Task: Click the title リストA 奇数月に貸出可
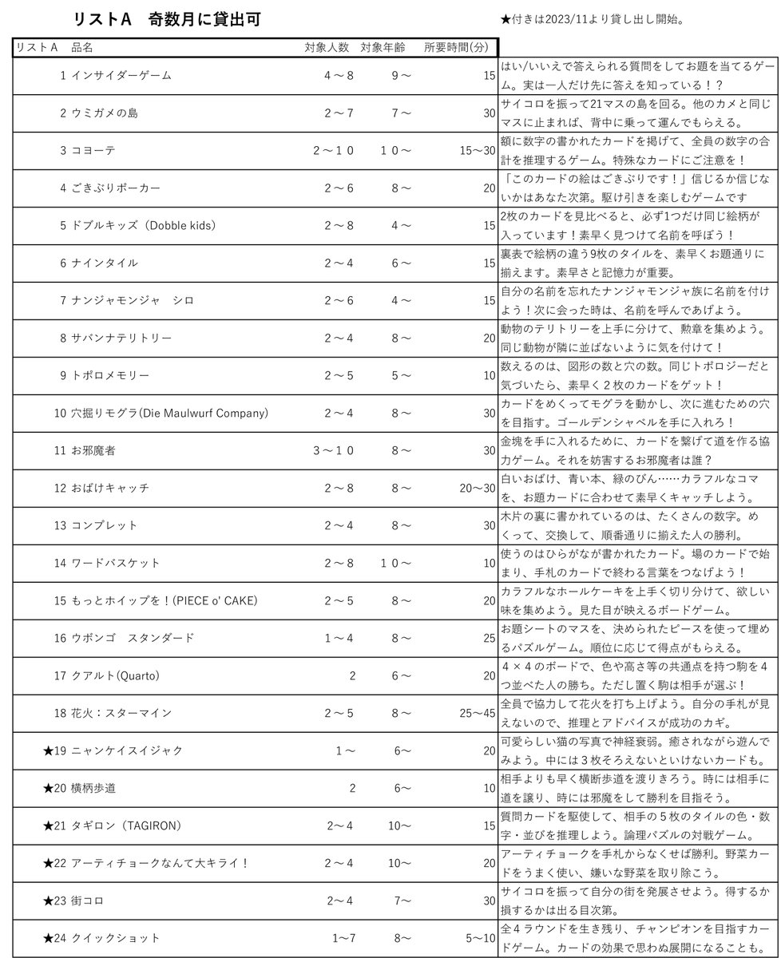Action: coord(166,20)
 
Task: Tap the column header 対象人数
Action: coord(327,47)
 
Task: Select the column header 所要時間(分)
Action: coord(456,47)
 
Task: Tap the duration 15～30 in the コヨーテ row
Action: coord(478,151)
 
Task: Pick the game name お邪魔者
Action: coord(93,450)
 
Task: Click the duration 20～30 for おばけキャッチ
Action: coord(478,488)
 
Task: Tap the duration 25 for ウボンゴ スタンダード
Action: coord(489,638)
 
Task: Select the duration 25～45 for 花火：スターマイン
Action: coord(478,713)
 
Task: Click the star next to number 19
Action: coord(47,750)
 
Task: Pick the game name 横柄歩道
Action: coord(93,789)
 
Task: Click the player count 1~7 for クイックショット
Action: coord(343,938)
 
